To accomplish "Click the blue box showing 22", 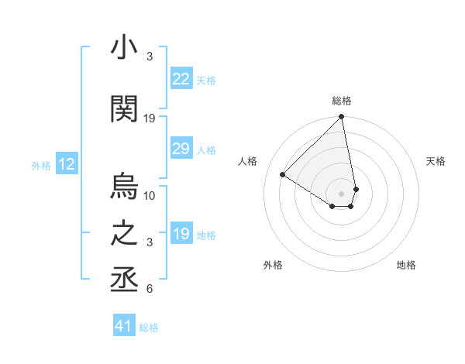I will point(181,79).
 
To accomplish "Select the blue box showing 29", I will point(181,149).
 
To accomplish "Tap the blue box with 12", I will point(67,164).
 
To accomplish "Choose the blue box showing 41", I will point(124,326).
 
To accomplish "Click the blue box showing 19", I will point(181,234).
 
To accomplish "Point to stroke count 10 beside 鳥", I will point(150,195).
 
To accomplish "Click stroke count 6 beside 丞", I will point(150,290).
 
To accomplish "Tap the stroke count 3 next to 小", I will point(150,57).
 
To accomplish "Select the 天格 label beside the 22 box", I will point(206,80).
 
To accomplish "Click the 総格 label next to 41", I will point(149,328).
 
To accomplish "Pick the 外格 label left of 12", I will point(41,165).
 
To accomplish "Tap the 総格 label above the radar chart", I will point(342,101).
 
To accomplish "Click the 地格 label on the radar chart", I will point(406,265).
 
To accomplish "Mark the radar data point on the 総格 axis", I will point(342,118).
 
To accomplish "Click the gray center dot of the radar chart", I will point(342,193).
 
